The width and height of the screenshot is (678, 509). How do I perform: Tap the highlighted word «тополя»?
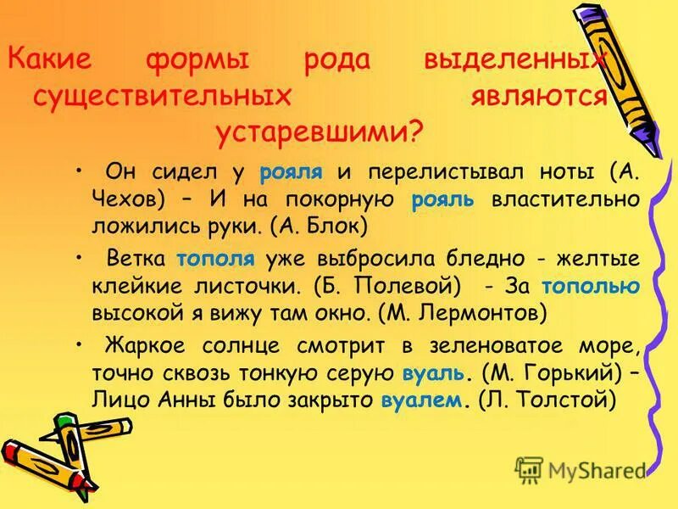(208, 259)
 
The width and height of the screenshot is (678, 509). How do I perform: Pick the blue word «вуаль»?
(433, 372)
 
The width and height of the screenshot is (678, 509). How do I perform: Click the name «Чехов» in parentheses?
(128, 199)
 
